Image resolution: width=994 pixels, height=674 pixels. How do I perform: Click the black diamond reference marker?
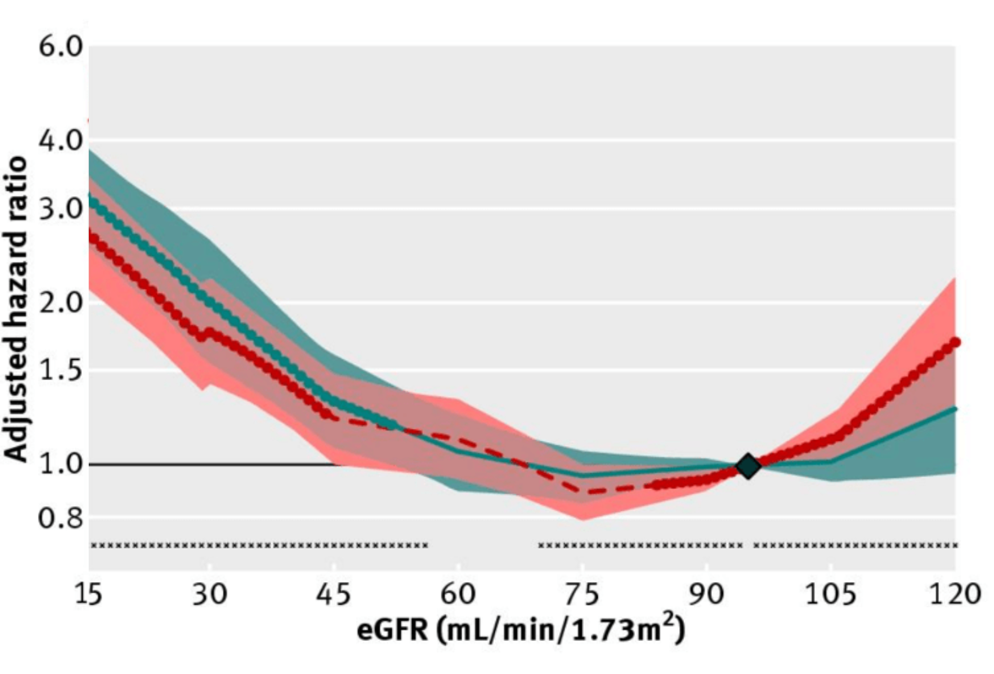click(x=747, y=465)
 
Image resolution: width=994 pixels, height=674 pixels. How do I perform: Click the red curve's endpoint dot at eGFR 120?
click(x=956, y=341)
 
